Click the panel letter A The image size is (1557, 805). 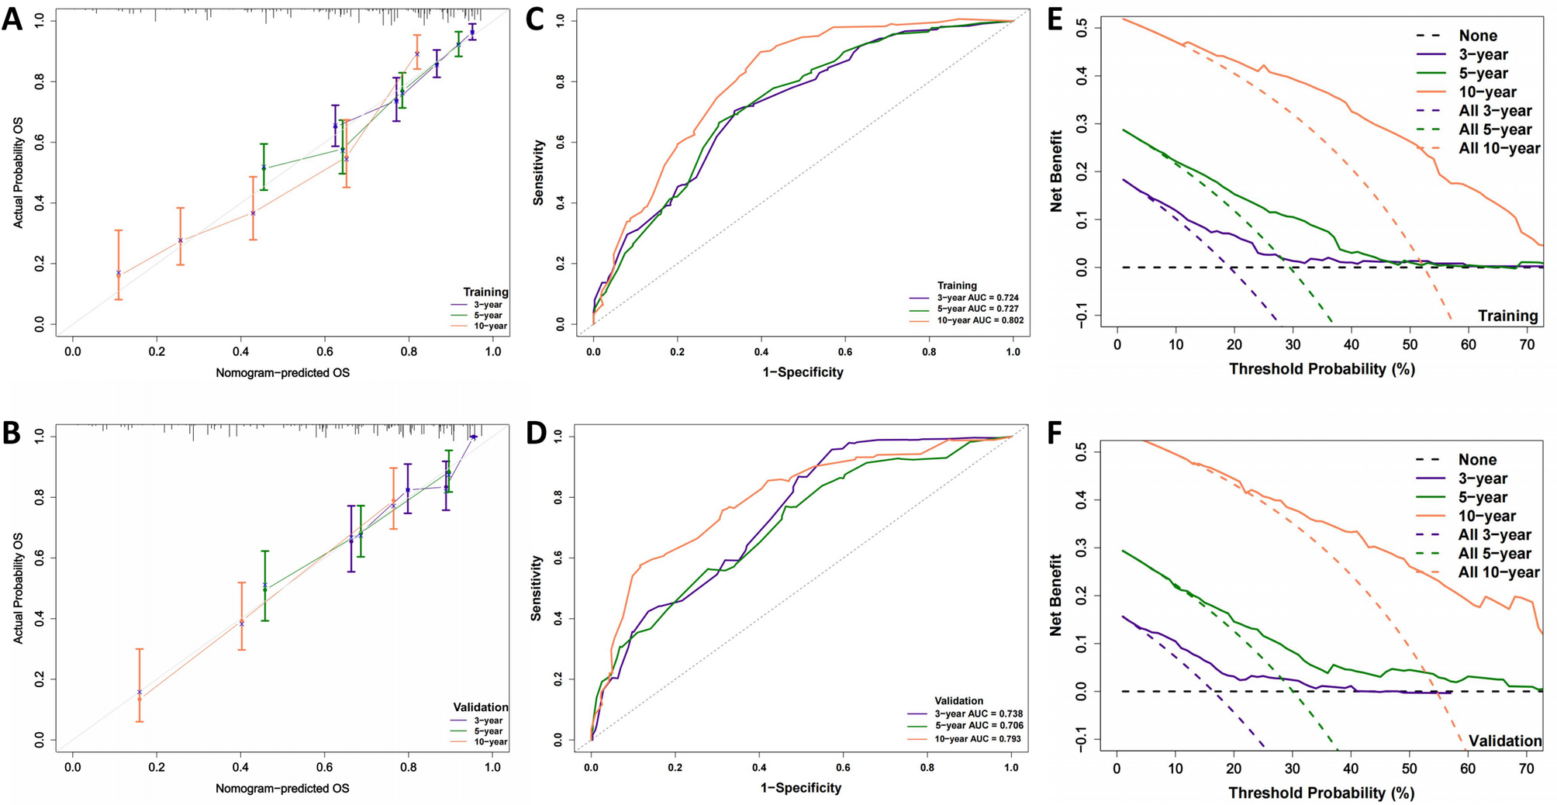point(12,18)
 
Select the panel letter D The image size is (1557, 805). point(537,433)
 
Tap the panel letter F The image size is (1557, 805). point(1055,433)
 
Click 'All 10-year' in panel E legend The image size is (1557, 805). point(1499,148)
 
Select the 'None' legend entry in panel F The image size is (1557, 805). point(1477,460)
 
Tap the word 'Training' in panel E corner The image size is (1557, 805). point(1507,316)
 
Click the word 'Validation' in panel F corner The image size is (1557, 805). point(1505,741)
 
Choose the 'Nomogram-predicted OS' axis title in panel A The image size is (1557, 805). point(282,373)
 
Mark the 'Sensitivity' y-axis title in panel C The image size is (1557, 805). point(538,173)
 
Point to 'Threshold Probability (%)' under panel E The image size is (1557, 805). point(1321,369)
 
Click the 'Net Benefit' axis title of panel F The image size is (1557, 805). point(1055,596)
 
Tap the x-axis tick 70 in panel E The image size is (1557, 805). point(1527,345)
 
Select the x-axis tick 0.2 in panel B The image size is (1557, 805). point(156,767)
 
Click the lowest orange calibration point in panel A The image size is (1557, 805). point(119,273)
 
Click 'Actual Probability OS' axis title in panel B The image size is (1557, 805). point(18,588)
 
